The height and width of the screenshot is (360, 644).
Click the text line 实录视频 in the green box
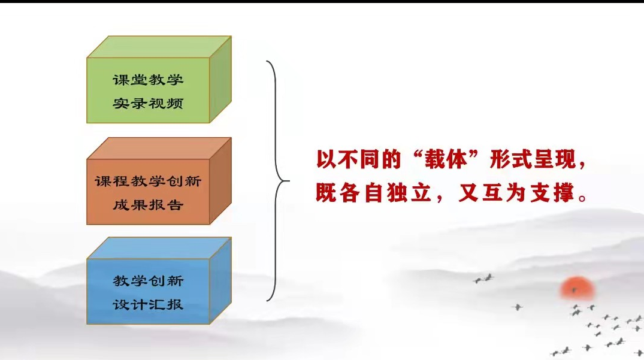tap(148, 104)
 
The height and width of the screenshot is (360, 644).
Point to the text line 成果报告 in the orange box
tap(148, 205)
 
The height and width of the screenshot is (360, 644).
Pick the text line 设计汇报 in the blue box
tap(148, 304)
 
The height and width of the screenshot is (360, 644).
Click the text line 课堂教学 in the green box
tap(148, 80)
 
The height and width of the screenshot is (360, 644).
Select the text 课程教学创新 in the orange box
tap(148, 181)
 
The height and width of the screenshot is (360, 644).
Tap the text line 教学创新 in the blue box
tap(148, 281)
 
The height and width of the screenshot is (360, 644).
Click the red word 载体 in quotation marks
tap(446, 159)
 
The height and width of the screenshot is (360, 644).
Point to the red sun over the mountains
tap(577, 288)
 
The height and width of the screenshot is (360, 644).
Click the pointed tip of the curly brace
tap(289, 181)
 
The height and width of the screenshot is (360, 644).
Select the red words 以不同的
tap(358, 159)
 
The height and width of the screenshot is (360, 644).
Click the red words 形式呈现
tap(533, 159)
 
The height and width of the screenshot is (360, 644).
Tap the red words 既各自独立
tap(373, 192)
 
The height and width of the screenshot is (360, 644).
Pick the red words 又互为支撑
tap(516, 192)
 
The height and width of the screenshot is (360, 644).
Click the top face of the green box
tap(159, 47)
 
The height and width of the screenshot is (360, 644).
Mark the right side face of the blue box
tap(220, 281)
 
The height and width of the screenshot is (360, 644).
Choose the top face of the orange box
tap(159, 148)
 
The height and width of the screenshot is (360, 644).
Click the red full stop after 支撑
tap(582, 198)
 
